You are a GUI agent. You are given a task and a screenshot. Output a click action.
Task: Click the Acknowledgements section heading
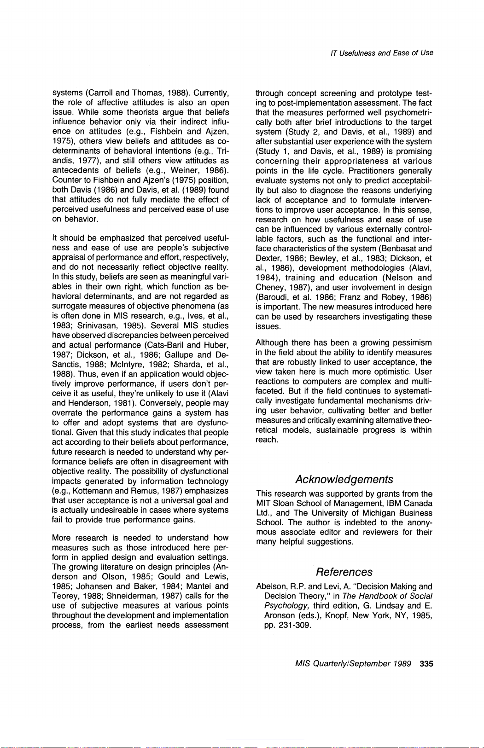(344, 480)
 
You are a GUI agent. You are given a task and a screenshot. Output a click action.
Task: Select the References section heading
(344, 572)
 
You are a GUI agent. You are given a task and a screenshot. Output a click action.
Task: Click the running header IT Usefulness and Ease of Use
(382, 53)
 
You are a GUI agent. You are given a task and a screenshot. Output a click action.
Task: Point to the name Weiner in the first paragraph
(184, 170)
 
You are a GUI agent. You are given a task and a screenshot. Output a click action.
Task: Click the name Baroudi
(274, 297)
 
